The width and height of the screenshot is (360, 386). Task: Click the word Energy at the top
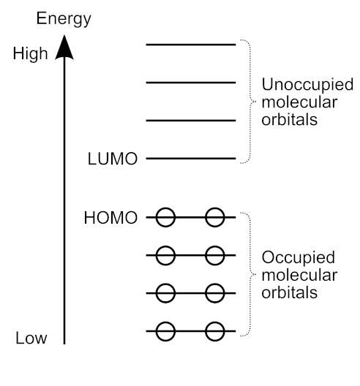[x=64, y=19]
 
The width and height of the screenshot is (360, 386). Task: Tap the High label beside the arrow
[x=30, y=54]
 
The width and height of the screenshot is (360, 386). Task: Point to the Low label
[x=31, y=338]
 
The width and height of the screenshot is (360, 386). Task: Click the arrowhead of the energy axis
[x=64, y=48]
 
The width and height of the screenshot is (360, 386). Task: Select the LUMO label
[x=113, y=159]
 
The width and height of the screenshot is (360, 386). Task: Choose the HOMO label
[x=110, y=218]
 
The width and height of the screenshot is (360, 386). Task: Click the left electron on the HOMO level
[x=165, y=217]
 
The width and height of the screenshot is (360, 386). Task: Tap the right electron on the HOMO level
[x=215, y=217]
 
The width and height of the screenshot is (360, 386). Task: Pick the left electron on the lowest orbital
[x=165, y=331]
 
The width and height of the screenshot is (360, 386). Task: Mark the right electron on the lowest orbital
[x=215, y=331]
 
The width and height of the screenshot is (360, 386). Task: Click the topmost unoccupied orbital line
[x=191, y=45]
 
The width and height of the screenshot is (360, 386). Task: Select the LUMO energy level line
[x=191, y=159]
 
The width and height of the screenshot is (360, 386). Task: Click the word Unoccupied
[x=307, y=86]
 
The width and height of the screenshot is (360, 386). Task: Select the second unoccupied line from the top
[x=191, y=83]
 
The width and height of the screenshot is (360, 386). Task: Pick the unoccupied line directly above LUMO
[x=191, y=121]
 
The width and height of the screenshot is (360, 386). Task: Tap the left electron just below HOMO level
[x=165, y=255]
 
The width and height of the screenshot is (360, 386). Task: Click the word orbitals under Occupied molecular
[x=290, y=292]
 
